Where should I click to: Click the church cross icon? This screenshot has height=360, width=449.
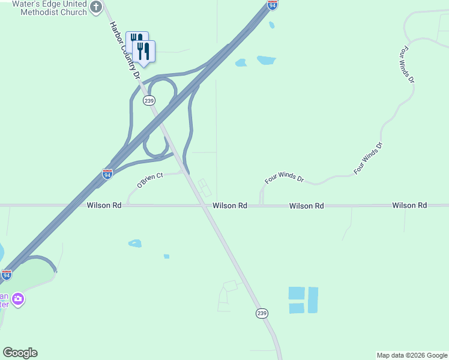point(96,7)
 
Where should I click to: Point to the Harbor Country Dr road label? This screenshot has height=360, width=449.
point(124,52)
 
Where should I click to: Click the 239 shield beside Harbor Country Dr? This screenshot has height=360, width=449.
point(149,101)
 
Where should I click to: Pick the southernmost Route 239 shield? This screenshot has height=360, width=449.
point(262,313)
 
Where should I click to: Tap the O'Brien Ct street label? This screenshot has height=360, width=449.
point(150,180)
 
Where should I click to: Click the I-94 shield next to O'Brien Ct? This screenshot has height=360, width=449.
point(107,174)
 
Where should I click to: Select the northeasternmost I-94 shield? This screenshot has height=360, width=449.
point(273,5)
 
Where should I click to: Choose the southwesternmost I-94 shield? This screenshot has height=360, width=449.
point(6,275)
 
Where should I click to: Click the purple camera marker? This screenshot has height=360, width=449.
point(18,299)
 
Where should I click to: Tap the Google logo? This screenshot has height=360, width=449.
point(20,353)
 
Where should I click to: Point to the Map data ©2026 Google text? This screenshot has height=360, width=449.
point(411,355)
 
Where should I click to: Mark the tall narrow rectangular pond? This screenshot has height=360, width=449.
point(313,300)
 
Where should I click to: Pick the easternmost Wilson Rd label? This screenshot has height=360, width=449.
point(409,205)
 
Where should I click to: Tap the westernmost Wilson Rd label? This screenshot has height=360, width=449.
point(104,205)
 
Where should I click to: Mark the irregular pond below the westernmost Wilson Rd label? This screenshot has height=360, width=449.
point(134,243)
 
